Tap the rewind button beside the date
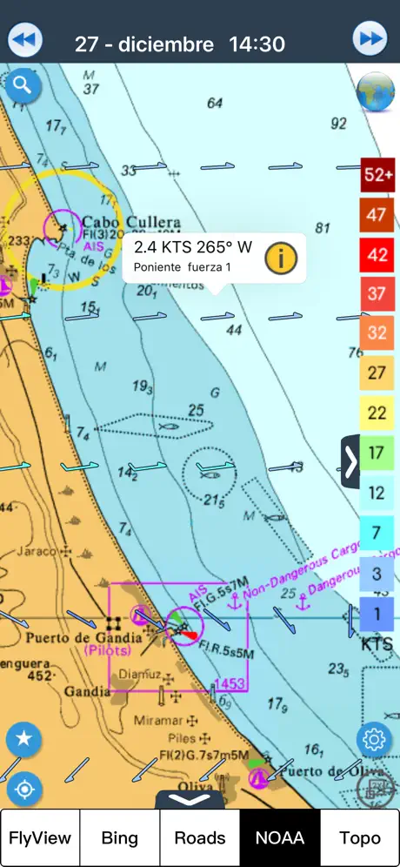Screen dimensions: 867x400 click(x=25, y=39)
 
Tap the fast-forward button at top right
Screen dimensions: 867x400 click(x=370, y=39)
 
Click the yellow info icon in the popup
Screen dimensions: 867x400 click(x=281, y=258)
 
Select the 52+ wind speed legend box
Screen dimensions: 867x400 click(x=378, y=175)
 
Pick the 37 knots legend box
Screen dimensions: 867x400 click(x=377, y=293)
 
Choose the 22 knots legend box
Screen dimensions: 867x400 click(x=377, y=413)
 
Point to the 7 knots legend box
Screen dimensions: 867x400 click(x=377, y=532)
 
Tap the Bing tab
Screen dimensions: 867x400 click(x=120, y=837)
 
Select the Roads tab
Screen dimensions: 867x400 click(x=200, y=837)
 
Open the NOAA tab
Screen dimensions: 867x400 click(x=280, y=837)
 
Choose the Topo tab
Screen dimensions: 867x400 click(x=360, y=837)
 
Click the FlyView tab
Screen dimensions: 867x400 click(x=40, y=837)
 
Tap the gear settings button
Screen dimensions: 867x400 click(x=374, y=740)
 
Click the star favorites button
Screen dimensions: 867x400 click(x=24, y=740)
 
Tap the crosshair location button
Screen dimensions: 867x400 click(x=24, y=789)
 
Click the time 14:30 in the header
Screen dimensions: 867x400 click(x=257, y=44)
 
